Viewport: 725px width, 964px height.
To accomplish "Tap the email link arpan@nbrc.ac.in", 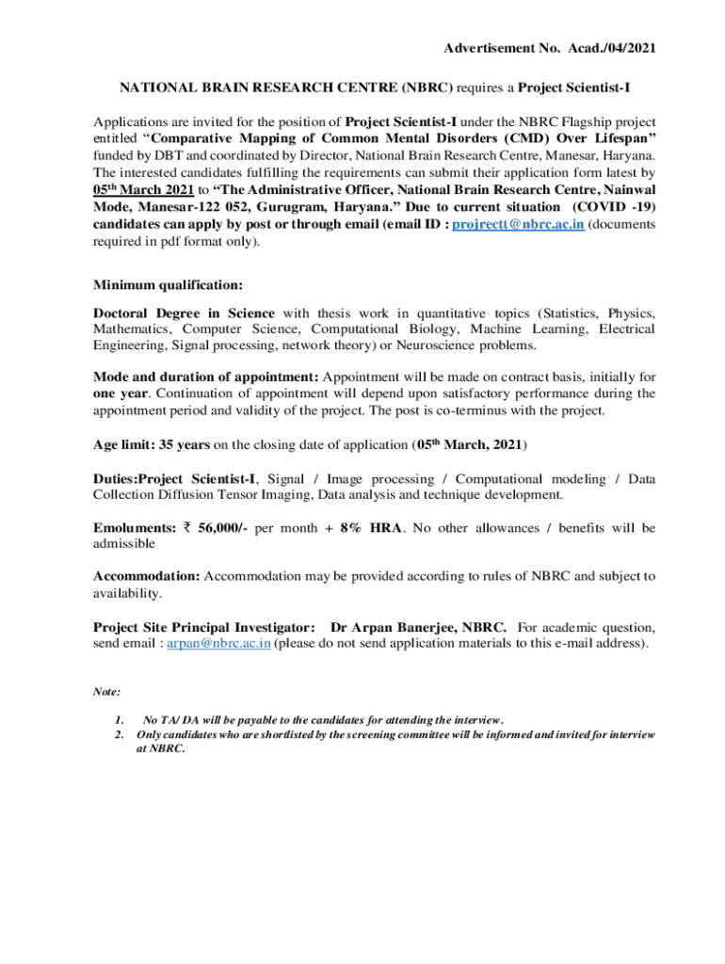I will pyautogui.click(x=218, y=643).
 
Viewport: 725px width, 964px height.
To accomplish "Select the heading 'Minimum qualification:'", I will pyautogui.click(x=168, y=284).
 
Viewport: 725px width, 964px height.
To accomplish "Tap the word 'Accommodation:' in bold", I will pyautogui.click(x=146, y=576).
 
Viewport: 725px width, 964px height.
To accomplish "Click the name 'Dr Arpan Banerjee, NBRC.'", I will pyautogui.click(x=418, y=627).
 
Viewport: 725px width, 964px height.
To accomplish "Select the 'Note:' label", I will pyautogui.click(x=106, y=691).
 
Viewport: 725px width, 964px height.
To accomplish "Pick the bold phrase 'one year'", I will pyautogui.click(x=120, y=393).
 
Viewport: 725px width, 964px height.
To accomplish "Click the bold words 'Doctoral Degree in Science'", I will pyautogui.click(x=184, y=313).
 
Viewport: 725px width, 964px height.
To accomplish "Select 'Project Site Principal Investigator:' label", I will pyautogui.click(x=204, y=627).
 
